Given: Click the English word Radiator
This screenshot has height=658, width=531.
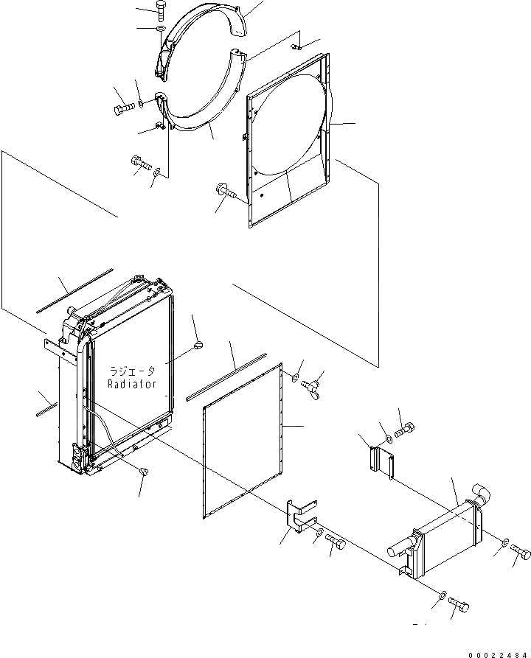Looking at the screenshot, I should click(x=131, y=384).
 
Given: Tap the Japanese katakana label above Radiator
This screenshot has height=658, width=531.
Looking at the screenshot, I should click(x=132, y=372).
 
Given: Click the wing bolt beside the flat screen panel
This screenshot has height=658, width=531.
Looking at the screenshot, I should click(x=312, y=382).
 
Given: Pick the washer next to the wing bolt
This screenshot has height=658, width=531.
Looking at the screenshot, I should click(x=294, y=378).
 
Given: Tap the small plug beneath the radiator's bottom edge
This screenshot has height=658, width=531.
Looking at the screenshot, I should click(x=143, y=471).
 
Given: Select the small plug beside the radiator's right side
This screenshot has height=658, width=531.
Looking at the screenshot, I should click(x=200, y=343).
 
